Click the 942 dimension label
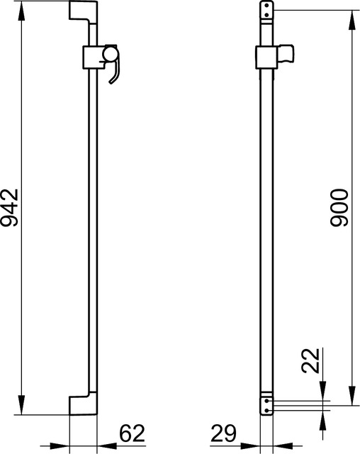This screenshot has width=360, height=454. coord(10,208)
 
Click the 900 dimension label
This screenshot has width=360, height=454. coord(339,208)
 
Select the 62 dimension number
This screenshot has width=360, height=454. coord(132,433)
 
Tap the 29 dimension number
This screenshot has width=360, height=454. coord(223,433)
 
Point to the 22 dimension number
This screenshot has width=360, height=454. coord(310,361)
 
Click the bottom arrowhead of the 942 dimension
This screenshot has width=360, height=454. coord(21,405)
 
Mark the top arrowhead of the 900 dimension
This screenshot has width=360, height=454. coord(352,20)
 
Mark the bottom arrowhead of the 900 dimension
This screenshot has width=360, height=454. coord(352,396)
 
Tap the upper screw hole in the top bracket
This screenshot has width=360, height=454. coord(267,5)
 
